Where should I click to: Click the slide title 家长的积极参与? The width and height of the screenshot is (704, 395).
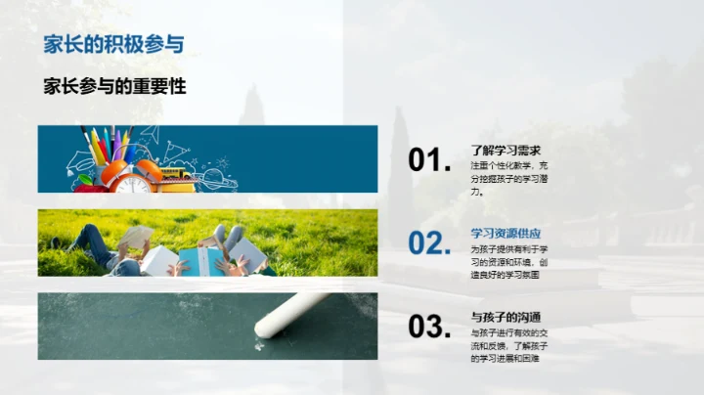pyautogui.click(x=114, y=44)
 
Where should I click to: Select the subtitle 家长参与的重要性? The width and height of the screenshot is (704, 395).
pyautogui.click(x=115, y=86)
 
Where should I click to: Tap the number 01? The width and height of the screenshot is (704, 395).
pyautogui.click(x=429, y=160)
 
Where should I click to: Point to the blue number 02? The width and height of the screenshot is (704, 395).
pyautogui.click(x=429, y=243)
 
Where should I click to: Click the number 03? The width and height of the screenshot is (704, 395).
pyautogui.click(x=429, y=327)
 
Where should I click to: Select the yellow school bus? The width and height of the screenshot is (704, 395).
pyautogui.click(x=176, y=173)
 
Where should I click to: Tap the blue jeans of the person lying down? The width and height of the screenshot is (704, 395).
pyautogui.click(x=82, y=238)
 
